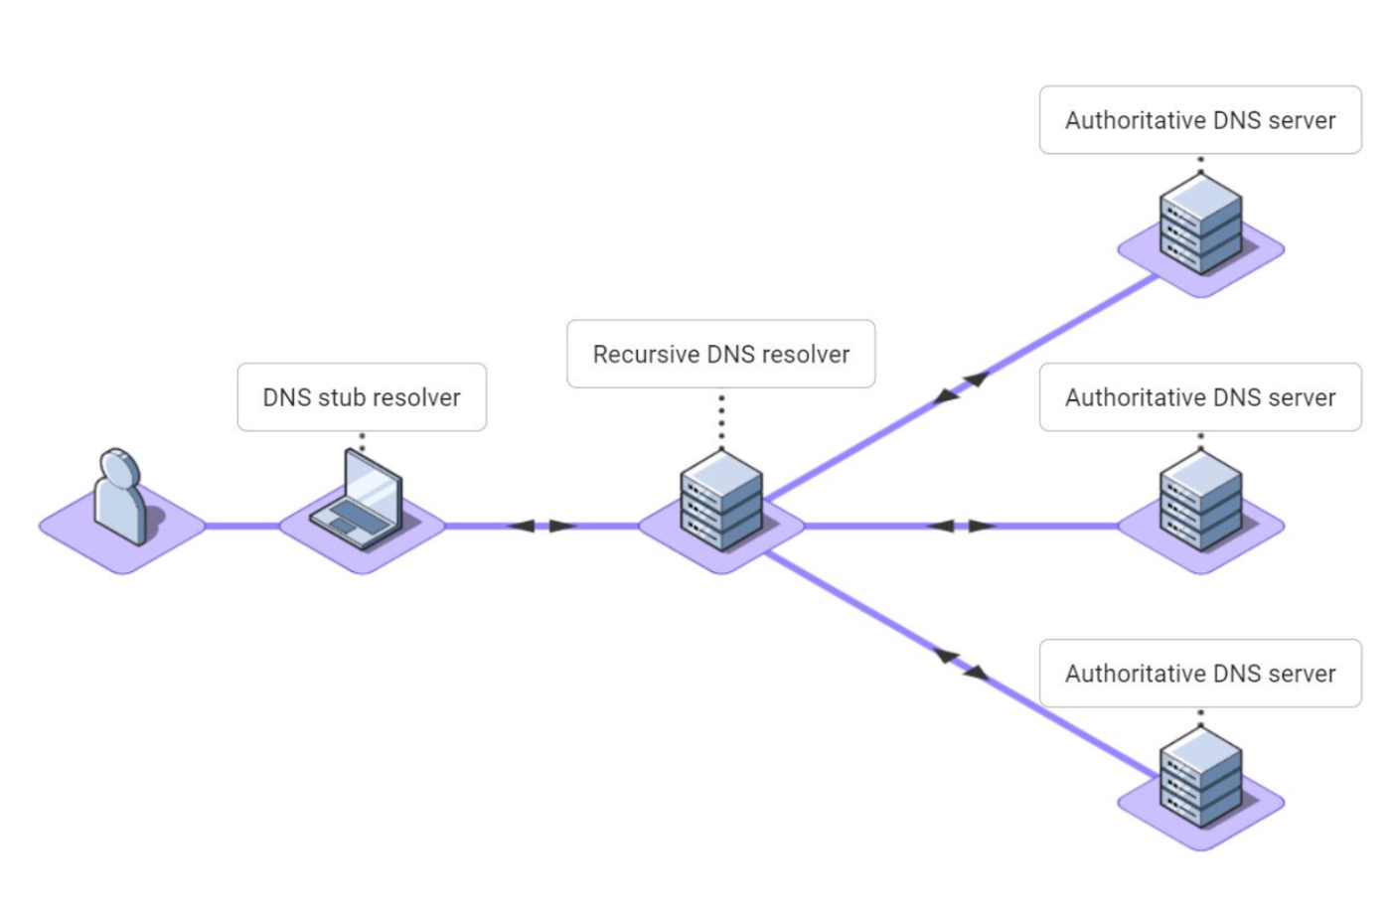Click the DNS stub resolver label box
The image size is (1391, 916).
(x=362, y=397)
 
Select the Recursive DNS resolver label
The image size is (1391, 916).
(x=720, y=354)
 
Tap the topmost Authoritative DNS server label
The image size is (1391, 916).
(x=1200, y=120)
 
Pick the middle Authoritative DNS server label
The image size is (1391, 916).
(x=1200, y=397)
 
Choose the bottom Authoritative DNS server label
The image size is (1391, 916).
(x=1200, y=674)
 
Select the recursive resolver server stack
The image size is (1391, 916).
(x=721, y=500)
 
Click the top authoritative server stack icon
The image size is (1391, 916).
(x=1200, y=224)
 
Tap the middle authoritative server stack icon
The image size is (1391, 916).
(x=1200, y=501)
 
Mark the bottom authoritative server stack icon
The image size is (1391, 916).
(x=1200, y=777)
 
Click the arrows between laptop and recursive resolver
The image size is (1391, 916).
(x=542, y=526)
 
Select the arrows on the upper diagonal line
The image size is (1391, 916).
(x=962, y=387)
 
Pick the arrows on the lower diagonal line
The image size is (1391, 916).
(x=962, y=664)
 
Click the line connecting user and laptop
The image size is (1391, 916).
(x=242, y=526)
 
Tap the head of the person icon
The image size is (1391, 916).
(x=119, y=468)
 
